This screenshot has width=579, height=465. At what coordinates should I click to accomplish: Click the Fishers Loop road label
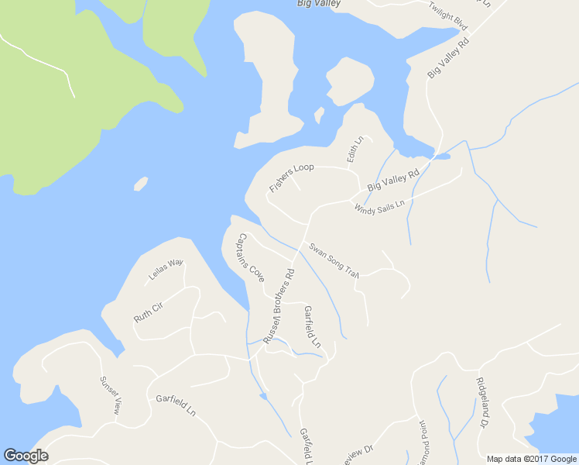[291, 178]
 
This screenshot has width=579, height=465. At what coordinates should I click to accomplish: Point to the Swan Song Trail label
[334, 260]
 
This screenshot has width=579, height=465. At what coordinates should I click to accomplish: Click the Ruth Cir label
[149, 312]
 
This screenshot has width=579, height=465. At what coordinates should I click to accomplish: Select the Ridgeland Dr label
[481, 403]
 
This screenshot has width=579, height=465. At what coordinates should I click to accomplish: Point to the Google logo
[26, 456]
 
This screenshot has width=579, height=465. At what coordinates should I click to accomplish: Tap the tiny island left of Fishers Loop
[141, 184]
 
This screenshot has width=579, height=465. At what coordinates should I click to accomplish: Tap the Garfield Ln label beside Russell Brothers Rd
[312, 326]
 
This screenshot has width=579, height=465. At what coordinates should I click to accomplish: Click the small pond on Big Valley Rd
[441, 156]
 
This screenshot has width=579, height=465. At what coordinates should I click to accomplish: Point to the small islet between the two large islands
[318, 115]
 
